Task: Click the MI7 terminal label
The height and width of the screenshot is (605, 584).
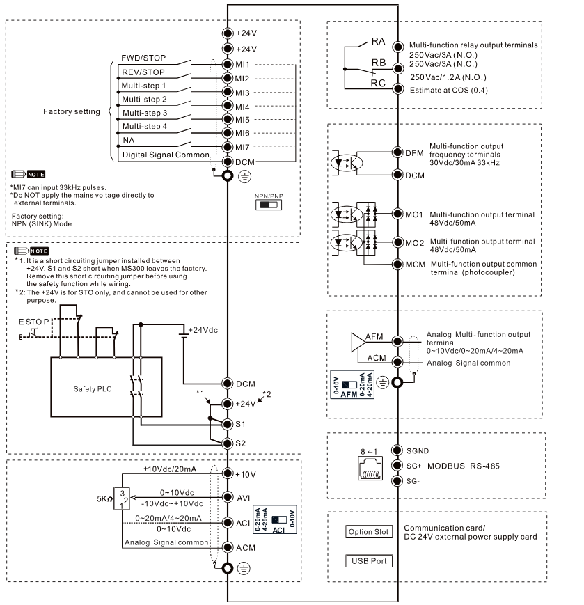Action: click(x=242, y=148)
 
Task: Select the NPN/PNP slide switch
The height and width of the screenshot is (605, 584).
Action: click(x=269, y=205)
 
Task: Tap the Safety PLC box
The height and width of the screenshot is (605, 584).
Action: click(x=106, y=387)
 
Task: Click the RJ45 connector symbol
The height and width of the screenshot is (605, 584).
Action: click(x=370, y=468)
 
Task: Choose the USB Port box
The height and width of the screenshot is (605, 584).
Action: click(x=369, y=561)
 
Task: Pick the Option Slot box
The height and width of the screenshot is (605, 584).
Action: click(x=369, y=532)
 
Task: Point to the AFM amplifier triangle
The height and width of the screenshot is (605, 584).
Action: click(x=358, y=343)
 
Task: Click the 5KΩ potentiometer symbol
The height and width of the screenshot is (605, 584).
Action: click(x=122, y=498)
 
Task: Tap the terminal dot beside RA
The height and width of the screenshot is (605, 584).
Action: click(x=397, y=47)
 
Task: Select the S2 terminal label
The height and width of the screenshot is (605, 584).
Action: click(x=240, y=443)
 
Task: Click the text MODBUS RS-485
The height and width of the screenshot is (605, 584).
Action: click(x=464, y=466)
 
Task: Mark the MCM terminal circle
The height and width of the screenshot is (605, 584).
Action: click(x=397, y=265)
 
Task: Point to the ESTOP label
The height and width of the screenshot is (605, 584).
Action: click(x=34, y=322)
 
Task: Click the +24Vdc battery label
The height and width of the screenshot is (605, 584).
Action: click(x=203, y=330)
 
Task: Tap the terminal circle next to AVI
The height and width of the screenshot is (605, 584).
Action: click(x=228, y=497)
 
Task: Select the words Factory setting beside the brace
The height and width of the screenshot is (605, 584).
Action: click(x=72, y=111)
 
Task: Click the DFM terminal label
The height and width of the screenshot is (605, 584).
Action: click(x=414, y=153)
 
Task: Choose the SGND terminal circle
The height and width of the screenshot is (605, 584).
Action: click(x=397, y=450)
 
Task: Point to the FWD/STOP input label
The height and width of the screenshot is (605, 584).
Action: click(x=143, y=58)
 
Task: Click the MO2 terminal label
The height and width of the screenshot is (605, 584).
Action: click(x=414, y=243)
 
